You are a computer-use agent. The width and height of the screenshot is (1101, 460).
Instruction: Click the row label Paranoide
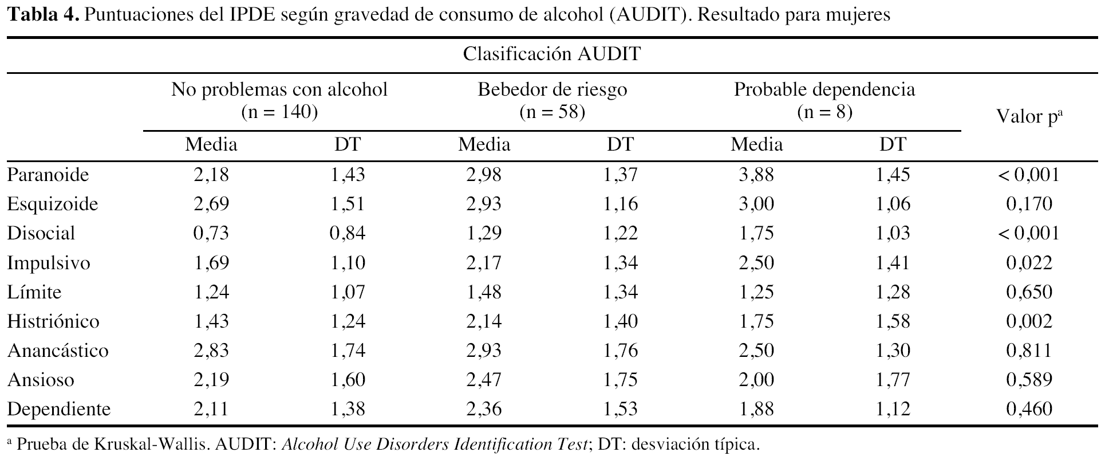[48, 174]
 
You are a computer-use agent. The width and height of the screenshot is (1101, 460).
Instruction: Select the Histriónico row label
[53, 321]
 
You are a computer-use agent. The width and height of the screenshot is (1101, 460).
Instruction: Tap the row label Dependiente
[59, 409]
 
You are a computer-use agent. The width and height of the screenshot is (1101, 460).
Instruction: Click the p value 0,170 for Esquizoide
[1029, 204]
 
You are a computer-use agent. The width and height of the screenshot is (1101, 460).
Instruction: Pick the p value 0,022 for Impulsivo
[1029, 262]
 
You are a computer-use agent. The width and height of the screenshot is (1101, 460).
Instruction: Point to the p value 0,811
[1029, 350]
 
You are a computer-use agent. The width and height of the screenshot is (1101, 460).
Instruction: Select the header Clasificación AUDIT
[551, 54]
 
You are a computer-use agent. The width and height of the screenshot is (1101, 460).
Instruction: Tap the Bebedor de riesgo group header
[553, 90]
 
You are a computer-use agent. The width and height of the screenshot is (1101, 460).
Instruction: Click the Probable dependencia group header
[824, 90]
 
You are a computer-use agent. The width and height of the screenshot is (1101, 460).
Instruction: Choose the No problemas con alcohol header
[279, 90]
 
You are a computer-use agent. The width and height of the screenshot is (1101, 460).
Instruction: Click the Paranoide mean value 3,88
[756, 174]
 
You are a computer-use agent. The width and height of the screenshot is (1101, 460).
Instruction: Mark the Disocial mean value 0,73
[211, 233]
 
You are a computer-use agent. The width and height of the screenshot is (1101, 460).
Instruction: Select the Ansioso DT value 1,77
[893, 380]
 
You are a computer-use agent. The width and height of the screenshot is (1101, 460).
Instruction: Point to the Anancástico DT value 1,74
[348, 350]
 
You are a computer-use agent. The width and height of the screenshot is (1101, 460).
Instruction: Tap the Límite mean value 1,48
[484, 292]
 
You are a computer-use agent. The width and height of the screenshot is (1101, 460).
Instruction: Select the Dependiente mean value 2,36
[484, 409]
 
